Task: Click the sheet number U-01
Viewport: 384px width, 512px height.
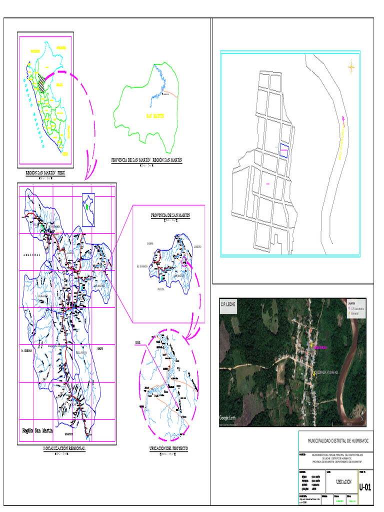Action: (365, 487)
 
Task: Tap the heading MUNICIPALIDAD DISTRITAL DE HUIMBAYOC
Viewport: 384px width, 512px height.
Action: (335, 441)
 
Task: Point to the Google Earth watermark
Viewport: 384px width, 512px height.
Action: (230, 418)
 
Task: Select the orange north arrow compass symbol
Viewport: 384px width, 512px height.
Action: (351, 66)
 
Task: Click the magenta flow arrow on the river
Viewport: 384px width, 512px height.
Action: (343, 118)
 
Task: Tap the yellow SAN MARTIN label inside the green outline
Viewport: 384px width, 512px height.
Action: (155, 116)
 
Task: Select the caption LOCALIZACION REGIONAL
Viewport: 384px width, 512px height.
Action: (64, 449)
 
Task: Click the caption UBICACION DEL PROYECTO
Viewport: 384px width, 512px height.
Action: (168, 449)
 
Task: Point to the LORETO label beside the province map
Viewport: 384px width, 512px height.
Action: (197, 247)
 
